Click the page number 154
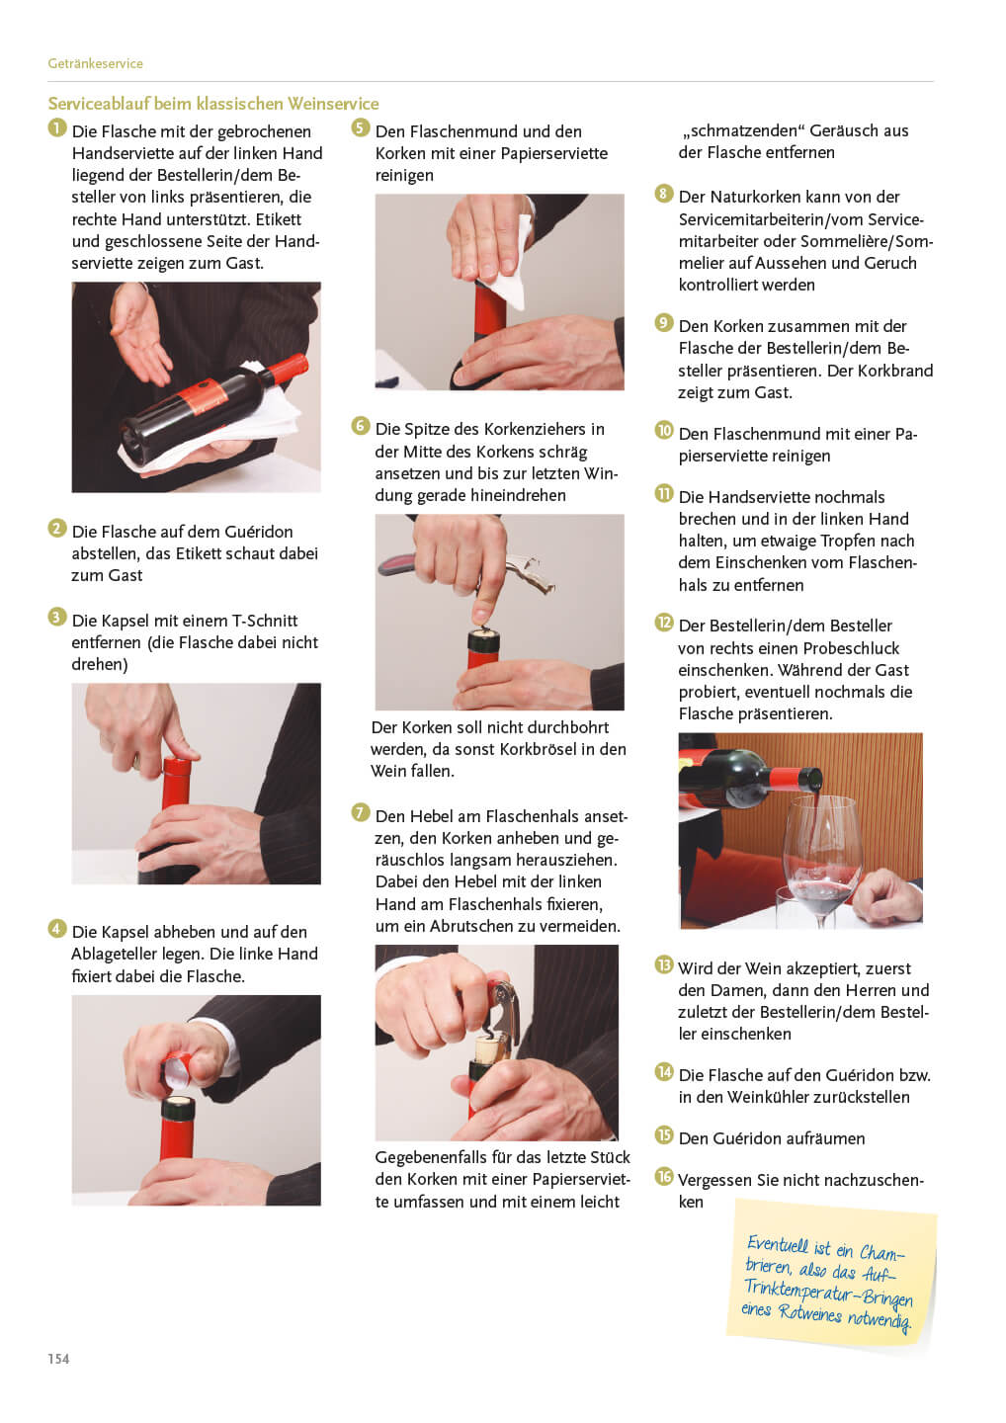click(x=58, y=1359)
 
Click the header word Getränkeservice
click(x=95, y=63)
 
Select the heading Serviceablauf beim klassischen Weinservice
click(x=213, y=104)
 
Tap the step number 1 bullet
click(x=56, y=127)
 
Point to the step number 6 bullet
click(x=360, y=426)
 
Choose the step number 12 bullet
click(x=664, y=623)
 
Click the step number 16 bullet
click(x=664, y=1177)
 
